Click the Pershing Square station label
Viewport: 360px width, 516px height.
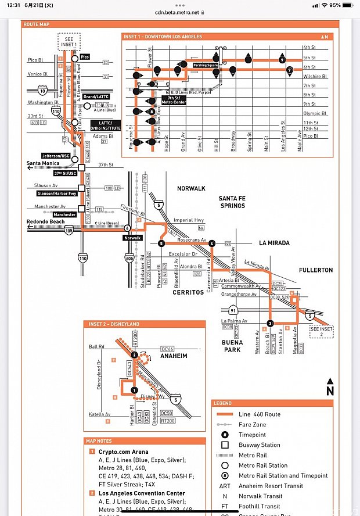pos(206,66)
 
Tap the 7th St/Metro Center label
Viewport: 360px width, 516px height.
pos(173,99)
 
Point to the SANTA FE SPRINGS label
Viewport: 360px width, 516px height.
pos(232,202)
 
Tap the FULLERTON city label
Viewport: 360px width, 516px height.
pos(316,270)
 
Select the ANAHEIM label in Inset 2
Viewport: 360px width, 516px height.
pos(174,356)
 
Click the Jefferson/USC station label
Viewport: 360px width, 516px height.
pos(56,156)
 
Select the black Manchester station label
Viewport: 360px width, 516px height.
pos(66,214)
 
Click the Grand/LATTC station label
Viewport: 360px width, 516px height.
pos(96,96)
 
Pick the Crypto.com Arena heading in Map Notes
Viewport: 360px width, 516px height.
pos(118,451)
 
